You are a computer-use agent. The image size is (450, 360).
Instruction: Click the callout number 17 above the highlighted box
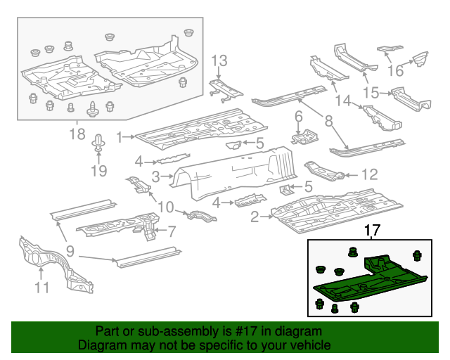click(x=372, y=230)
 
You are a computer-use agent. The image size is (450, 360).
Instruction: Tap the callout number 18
click(x=77, y=134)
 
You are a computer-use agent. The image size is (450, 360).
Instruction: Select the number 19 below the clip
click(x=98, y=171)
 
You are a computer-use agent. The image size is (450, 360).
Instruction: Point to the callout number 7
click(x=172, y=230)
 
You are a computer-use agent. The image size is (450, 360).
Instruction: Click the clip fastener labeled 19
click(x=98, y=143)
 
